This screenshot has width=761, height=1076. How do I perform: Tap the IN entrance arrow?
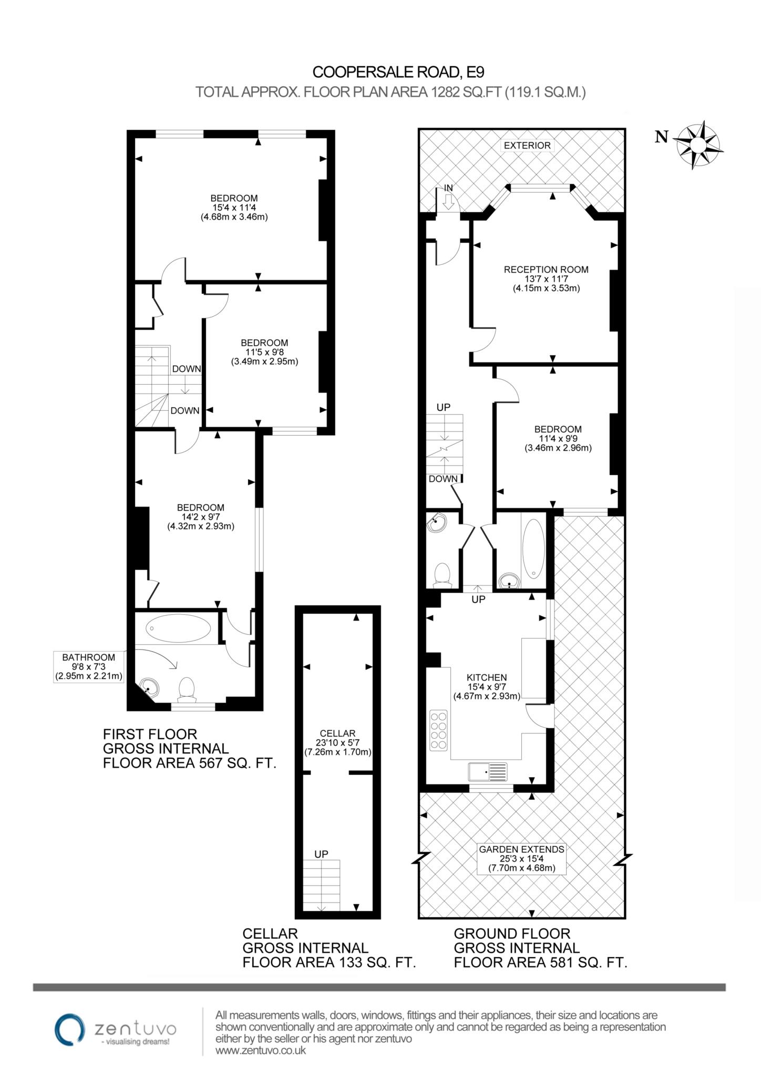448,202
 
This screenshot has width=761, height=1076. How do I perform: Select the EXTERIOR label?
527,146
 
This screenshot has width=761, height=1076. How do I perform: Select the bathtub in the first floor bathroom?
178,627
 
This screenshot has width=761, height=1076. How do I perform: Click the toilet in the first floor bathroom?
187,690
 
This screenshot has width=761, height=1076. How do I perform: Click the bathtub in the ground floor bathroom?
534,549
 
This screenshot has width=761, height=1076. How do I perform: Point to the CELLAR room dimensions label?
337,742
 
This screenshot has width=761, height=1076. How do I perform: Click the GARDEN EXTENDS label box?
521,858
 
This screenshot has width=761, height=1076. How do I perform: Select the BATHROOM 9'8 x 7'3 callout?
89,667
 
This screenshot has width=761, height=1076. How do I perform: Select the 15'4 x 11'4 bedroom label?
234,208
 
